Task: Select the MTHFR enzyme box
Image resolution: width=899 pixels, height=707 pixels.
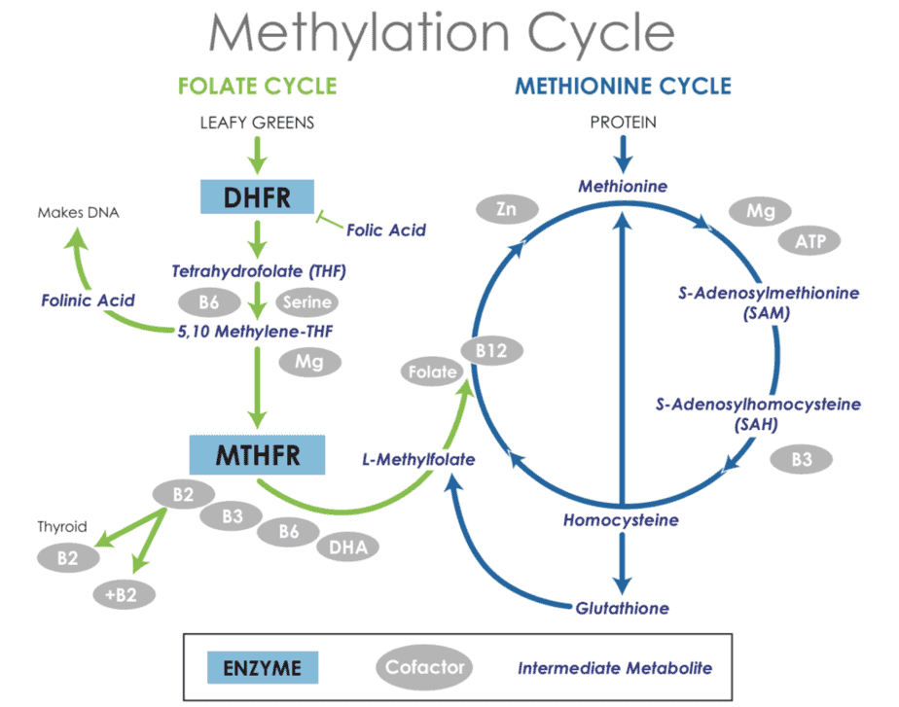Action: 257,453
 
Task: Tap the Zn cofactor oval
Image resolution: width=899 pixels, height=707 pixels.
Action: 505,209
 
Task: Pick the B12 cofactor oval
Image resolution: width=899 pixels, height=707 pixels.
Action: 491,350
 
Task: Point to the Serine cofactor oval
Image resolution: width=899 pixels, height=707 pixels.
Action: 307,302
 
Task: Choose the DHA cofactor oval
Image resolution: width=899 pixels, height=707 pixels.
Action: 347,548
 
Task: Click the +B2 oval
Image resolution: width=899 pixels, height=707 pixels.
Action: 123,593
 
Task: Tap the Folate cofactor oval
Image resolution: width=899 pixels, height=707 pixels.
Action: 432,371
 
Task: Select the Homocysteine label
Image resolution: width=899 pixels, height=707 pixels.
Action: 621,520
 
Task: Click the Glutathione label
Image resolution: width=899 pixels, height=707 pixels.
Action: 622,608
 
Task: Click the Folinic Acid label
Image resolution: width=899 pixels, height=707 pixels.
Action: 88,300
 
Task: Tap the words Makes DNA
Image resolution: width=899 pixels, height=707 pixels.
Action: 77,212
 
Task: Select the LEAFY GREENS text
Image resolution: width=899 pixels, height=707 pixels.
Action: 257,123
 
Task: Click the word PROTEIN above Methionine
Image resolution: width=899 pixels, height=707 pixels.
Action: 623,123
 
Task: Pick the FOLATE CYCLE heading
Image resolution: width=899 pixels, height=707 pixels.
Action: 257,86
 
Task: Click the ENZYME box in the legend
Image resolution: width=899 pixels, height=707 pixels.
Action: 262,668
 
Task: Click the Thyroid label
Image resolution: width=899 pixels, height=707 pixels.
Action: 62,527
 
